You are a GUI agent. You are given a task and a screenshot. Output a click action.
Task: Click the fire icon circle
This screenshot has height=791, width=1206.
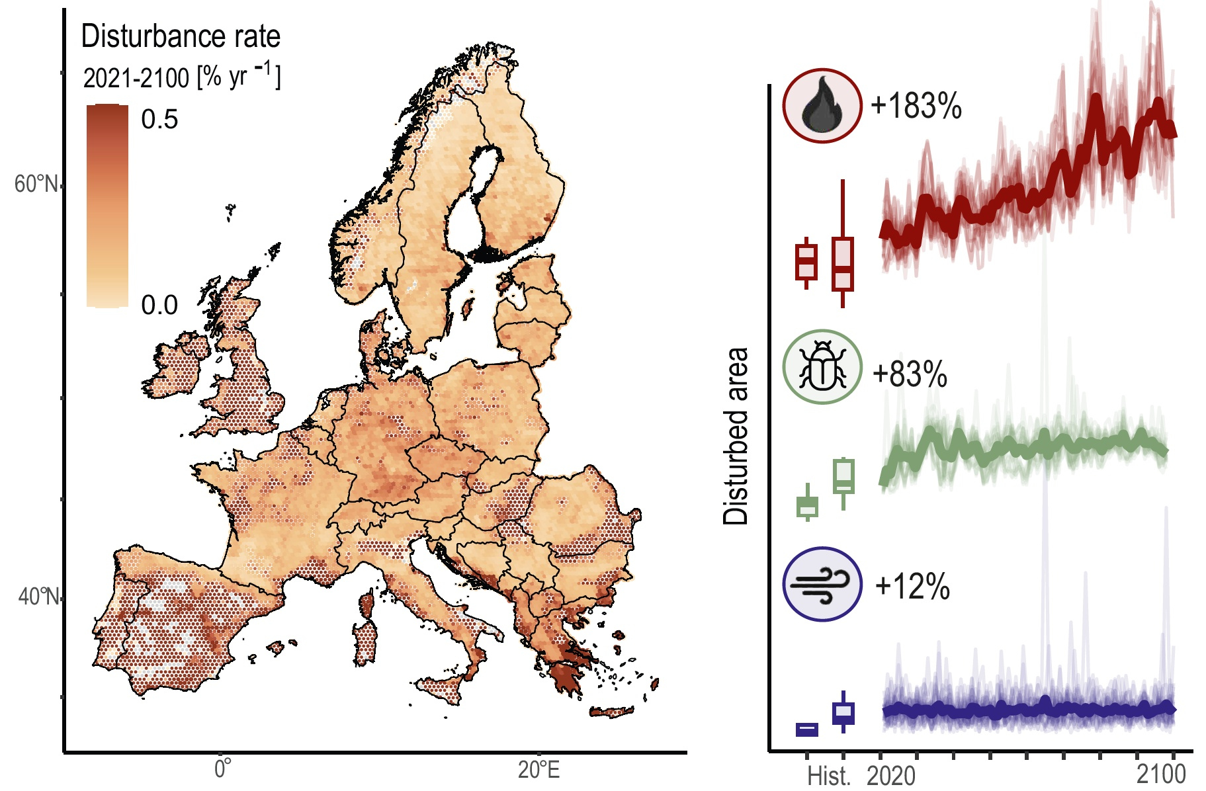(822, 106)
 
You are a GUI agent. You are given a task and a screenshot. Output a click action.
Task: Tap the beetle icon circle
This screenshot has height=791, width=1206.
(822, 367)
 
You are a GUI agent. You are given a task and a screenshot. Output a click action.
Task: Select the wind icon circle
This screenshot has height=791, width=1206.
(822, 584)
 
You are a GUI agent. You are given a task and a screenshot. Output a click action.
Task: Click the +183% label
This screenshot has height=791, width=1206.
(916, 106)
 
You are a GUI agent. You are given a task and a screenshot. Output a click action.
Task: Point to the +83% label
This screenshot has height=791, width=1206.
(910, 374)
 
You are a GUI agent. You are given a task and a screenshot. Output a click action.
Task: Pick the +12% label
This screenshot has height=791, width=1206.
(912, 586)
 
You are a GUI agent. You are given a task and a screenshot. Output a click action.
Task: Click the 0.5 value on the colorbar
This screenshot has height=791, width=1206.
(159, 120)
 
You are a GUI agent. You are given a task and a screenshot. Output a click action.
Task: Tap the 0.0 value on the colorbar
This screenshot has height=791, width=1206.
(159, 305)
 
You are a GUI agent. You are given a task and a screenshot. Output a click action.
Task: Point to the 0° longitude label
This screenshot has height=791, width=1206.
(223, 769)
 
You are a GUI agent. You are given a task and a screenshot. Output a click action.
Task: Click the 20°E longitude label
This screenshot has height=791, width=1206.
(538, 770)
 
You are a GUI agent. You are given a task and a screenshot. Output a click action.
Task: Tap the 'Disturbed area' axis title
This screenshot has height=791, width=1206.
(736, 437)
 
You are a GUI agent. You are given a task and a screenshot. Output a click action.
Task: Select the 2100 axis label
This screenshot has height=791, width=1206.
(1161, 773)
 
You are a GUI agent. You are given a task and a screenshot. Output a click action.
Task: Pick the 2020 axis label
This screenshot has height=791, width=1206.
(891, 776)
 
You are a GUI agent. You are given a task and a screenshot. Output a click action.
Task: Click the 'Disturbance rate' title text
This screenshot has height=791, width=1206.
(181, 36)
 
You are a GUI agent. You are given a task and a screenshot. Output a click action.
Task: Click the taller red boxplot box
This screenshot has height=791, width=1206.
(842, 263)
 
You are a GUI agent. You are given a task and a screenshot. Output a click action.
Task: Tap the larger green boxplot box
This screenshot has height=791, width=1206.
(843, 476)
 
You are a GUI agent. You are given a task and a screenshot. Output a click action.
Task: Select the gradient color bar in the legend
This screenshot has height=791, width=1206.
(107, 206)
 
